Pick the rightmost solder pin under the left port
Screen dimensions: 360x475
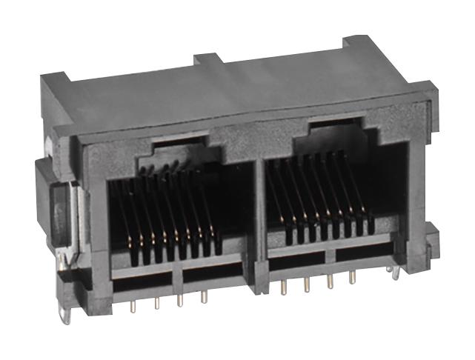[x=203, y=297]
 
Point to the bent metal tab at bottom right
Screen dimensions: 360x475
[x=398, y=276]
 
